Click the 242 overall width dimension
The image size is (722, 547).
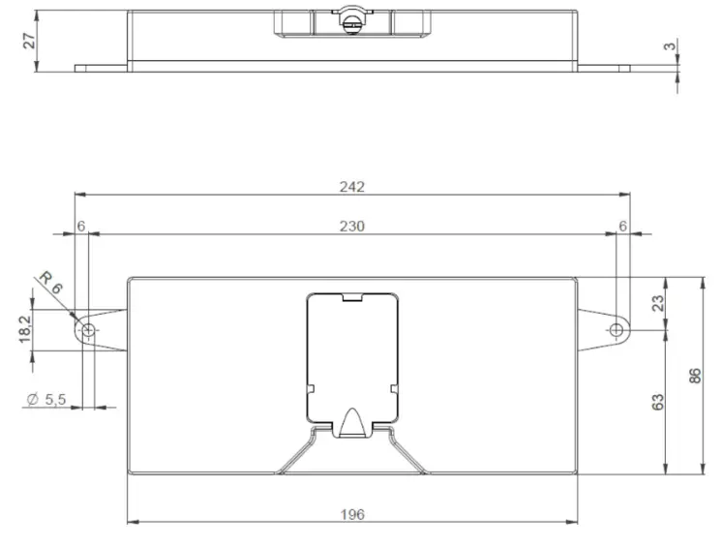(351, 187)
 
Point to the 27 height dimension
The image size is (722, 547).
(28, 40)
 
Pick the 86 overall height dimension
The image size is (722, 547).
(694, 376)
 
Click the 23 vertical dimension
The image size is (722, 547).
(657, 302)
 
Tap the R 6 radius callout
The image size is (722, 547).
(50, 284)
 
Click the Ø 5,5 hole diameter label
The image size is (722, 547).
(47, 399)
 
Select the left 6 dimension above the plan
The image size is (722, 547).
(81, 226)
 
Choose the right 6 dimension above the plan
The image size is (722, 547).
(622, 226)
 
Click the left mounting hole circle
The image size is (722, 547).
(89, 331)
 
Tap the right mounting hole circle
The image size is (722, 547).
(617, 331)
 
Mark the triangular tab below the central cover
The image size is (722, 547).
(351, 422)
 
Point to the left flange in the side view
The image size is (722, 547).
(102, 68)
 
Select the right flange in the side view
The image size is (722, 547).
(604, 68)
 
